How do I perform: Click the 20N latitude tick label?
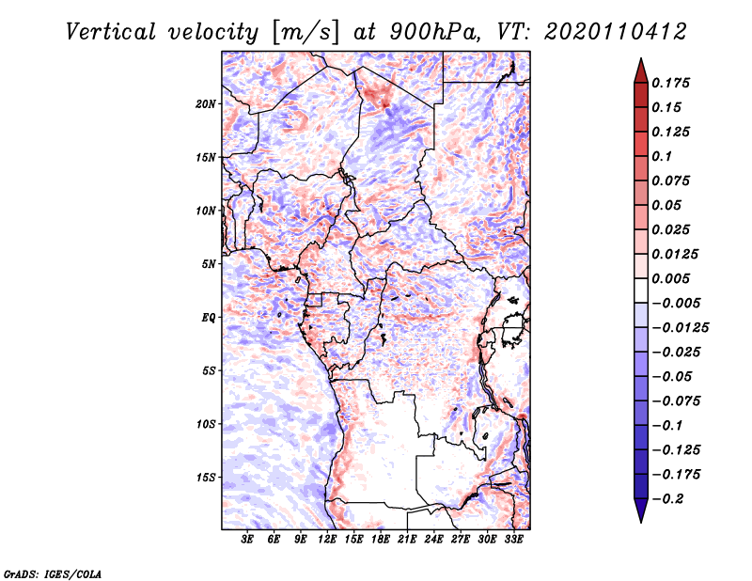coord(206,104)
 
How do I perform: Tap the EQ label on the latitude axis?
coord(209,318)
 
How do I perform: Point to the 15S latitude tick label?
coord(206,478)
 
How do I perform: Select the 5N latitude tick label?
coord(209,264)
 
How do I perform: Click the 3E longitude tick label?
coord(247,540)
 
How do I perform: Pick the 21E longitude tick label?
coord(407,540)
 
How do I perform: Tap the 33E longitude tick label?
coord(513,540)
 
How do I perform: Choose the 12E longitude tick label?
coord(327,540)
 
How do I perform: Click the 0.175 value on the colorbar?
coord(670,83)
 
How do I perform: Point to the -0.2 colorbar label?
coord(668,499)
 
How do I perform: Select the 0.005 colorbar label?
coord(670,278)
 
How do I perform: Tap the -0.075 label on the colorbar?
coord(676,401)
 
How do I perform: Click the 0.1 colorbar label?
coord(662,156)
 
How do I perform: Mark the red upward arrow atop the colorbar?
coord(641,71)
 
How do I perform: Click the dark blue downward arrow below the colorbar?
coord(641,510)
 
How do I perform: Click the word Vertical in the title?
coord(111,32)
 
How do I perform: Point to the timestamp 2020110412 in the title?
coord(616,32)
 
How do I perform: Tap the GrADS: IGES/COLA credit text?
coord(53,574)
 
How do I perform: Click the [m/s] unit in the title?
coord(305,33)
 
